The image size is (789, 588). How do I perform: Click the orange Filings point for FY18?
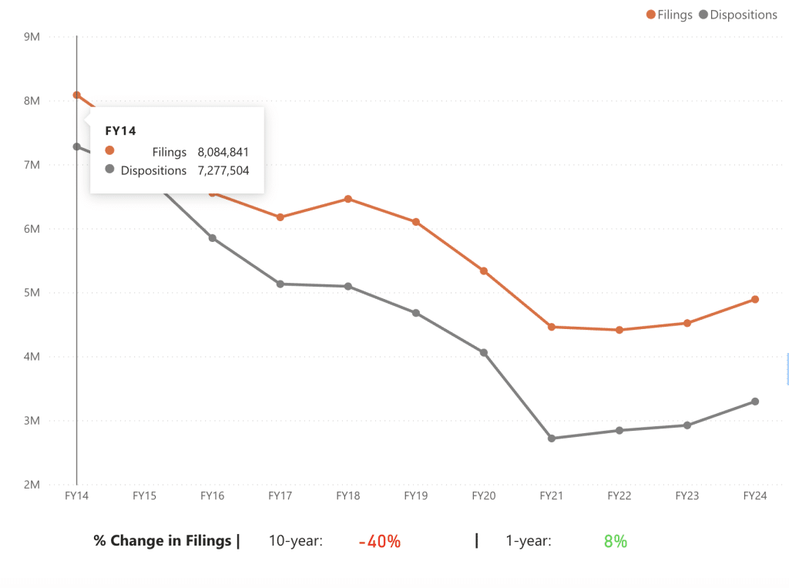coord(348,199)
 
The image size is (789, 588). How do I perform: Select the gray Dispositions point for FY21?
coord(552,438)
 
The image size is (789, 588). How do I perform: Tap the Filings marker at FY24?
coord(755,299)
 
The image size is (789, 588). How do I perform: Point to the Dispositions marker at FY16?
coord(213,238)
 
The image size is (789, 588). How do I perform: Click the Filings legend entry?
coord(670,15)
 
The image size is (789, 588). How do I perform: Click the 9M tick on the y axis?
coord(32,36)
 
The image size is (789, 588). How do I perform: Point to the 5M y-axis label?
coord(32,293)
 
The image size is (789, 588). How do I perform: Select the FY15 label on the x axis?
coord(145,496)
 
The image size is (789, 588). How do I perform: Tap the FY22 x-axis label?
coord(619,496)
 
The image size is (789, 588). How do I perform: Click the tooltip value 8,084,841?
coord(223,152)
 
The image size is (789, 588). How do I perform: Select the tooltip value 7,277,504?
coord(223,170)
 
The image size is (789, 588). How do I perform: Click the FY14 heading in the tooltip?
coord(120,131)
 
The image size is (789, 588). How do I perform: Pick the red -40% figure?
coord(380,542)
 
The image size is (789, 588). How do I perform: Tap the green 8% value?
coord(616,542)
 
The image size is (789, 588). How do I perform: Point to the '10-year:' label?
coord(295,541)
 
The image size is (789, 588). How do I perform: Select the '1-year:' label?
coord(529,541)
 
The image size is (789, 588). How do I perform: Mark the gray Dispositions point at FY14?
coord(77,146)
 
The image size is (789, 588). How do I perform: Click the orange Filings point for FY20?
coord(484,271)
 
